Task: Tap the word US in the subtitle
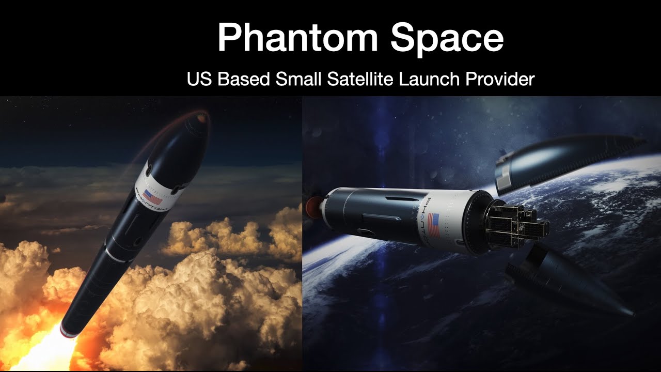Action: click(x=199, y=80)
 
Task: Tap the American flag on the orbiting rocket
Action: click(x=434, y=225)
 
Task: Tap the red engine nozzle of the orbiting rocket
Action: click(x=313, y=206)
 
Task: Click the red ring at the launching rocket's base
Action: click(x=68, y=331)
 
